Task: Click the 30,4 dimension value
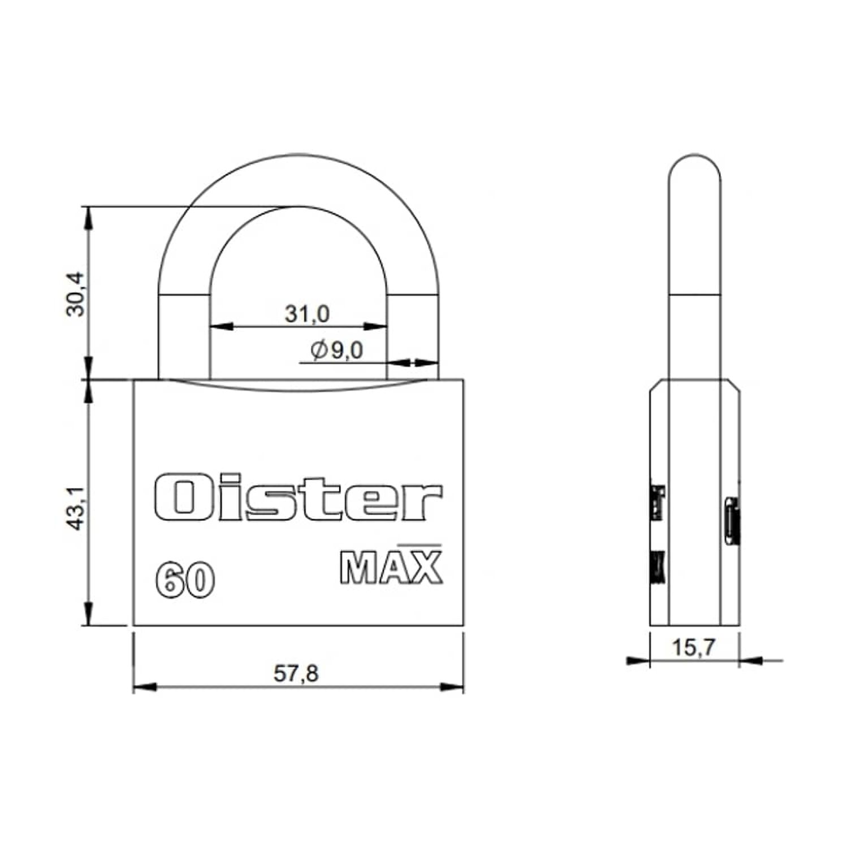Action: [76, 294]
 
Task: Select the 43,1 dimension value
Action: [76, 508]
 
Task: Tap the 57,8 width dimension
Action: [296, 673]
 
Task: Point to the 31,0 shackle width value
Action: [306, 313]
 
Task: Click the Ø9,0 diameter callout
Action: [337, 351]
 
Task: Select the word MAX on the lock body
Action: [391, 567]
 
